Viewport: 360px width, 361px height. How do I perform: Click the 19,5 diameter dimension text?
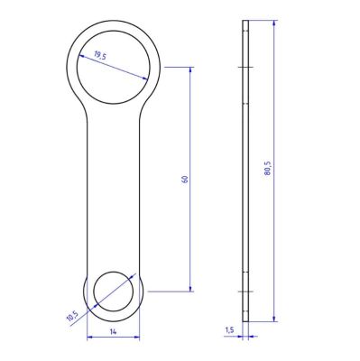tap(100, 55)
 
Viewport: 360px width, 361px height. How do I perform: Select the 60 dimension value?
tap(185, 179)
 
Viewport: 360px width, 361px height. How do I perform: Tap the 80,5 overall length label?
tap(268, 168)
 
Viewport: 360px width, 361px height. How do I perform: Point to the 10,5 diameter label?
tap(72, 317)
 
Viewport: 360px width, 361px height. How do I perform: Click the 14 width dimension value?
tap(113, 332)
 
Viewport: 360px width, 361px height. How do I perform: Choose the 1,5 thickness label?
tap(229, 330)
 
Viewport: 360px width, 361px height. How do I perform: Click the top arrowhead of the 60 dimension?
tap(190, 69)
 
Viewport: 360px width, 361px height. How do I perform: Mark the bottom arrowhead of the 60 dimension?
tap(190, 289)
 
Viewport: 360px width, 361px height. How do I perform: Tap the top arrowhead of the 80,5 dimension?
tap(273, 23)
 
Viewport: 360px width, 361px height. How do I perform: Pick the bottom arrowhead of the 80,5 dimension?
tap(273, 319)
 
